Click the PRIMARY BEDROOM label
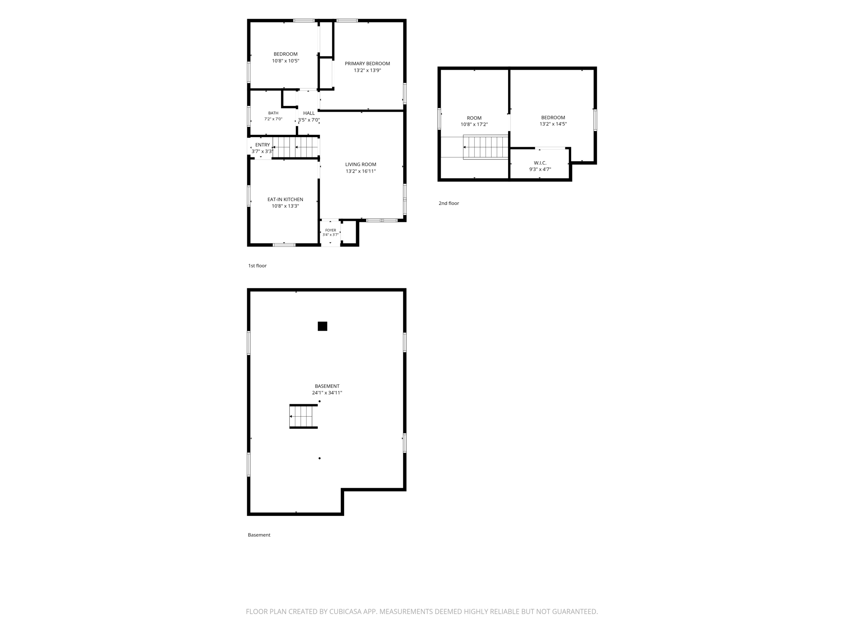tap(367, 63)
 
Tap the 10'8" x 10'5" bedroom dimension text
tap(286, 61)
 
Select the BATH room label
tap(273, 113)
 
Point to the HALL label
tap(309, 113)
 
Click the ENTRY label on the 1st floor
tap(263, 145)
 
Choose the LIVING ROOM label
tap(361, 164)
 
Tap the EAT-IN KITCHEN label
tap(285, 199)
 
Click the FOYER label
tap(331, 230)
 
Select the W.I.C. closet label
tap(540, 163)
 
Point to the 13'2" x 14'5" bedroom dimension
tap(553, 124)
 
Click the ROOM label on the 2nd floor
tap(474, 118)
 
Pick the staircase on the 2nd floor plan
tap(485, 147)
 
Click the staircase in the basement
tap(303, 416)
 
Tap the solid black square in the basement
tap(322, 326)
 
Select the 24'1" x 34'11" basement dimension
tap(327, 393)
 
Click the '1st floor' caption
tap(257, 266)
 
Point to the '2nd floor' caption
tap(449, 203)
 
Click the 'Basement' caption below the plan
tap(259, 535)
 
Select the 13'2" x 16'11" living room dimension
tap(361, 171)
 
